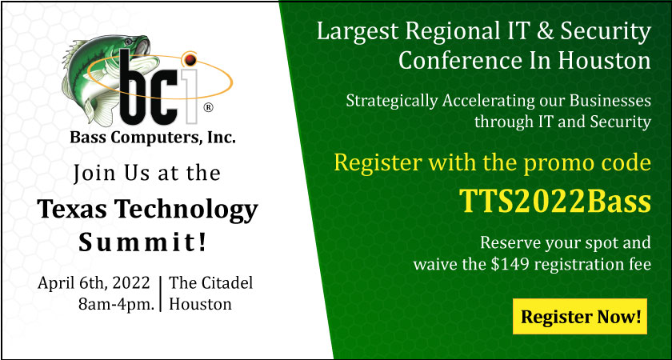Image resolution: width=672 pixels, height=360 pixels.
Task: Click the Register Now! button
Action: click(580, 316)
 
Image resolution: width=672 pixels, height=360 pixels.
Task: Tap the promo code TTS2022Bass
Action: click(555, 201)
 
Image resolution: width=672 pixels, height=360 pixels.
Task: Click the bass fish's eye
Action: click(129, 41)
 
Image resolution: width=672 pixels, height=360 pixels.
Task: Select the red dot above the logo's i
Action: click(190, 59)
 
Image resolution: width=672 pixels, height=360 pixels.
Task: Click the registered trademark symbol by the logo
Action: click(208, 107)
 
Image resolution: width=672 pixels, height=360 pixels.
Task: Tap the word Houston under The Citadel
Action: click(200, 304)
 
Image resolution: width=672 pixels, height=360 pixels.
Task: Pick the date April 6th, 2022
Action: click(94, 283)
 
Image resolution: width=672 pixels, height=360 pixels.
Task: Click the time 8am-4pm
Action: click(117, 304)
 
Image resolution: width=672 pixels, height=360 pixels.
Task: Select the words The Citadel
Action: click(211, 283)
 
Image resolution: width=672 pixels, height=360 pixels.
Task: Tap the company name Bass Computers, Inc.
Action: click(153, 138)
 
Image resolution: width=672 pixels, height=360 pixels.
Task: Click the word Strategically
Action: click(392, 102)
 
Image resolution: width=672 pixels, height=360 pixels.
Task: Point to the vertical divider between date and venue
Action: click(161, 294)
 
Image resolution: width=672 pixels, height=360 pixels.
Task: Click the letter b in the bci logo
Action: click(133, 87)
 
